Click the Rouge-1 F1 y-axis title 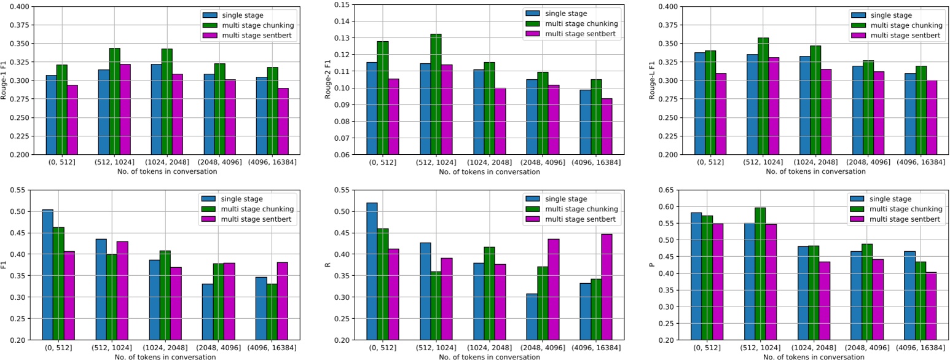(x=6, y=80)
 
